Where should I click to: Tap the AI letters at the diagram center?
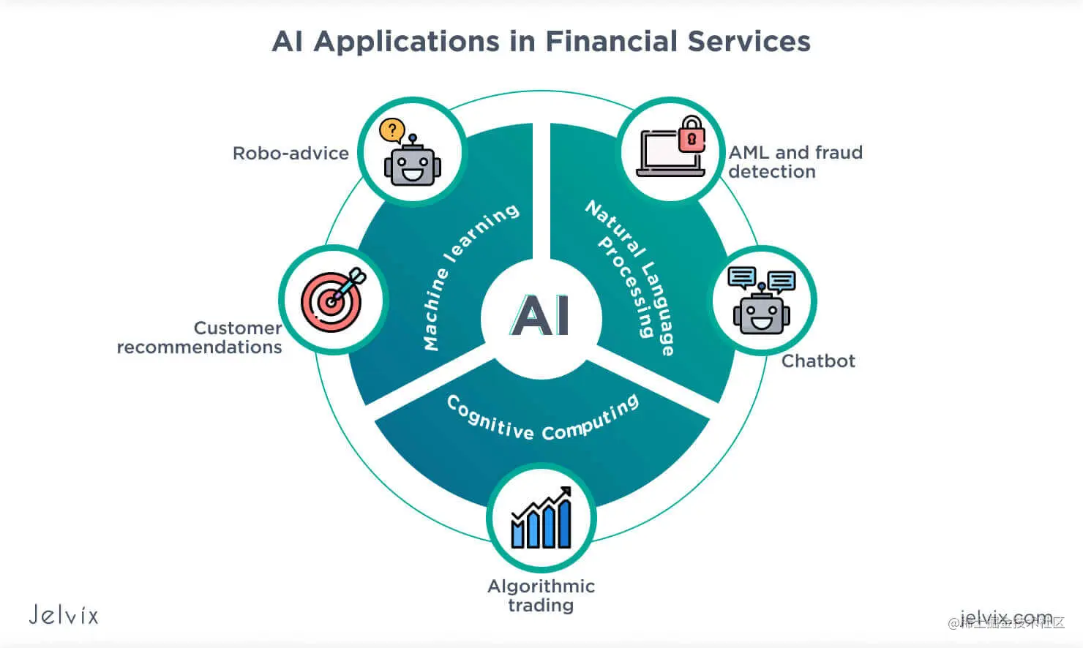(541, 316)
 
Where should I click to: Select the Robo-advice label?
(291, 154)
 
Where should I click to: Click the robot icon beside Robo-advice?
(413, 163)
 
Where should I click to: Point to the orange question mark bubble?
(392, 131)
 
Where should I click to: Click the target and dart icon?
(334, 299)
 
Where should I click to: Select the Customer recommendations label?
(200, 337)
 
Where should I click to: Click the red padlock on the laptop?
(692, 135)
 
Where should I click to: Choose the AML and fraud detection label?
(795, 162)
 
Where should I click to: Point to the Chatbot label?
(818, 361)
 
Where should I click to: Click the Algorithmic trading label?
(541, 595)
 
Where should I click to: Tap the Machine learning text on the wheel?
(468, 274)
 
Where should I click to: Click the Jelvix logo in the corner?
(64, 614)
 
